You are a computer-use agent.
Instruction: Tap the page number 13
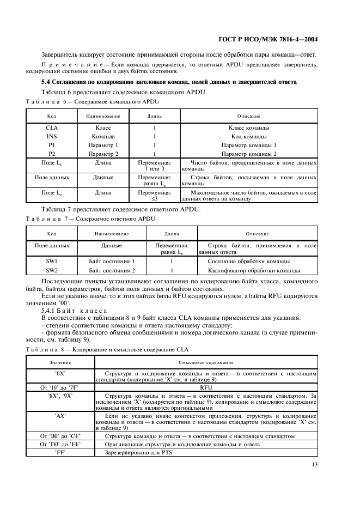313,465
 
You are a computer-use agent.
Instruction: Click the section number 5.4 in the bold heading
47,82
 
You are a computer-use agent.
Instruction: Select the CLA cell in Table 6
52,128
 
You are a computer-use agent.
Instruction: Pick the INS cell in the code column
52,137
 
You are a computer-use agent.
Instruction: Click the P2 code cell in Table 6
52,154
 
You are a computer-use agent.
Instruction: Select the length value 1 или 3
156,169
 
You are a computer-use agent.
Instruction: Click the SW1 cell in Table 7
52,262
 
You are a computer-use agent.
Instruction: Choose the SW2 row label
52,270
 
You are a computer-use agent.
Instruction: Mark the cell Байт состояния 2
112,270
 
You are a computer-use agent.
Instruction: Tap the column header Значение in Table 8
60,362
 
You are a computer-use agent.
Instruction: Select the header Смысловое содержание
206,362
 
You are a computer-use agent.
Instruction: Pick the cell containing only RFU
206,387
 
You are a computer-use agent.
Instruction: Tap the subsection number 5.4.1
50,309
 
